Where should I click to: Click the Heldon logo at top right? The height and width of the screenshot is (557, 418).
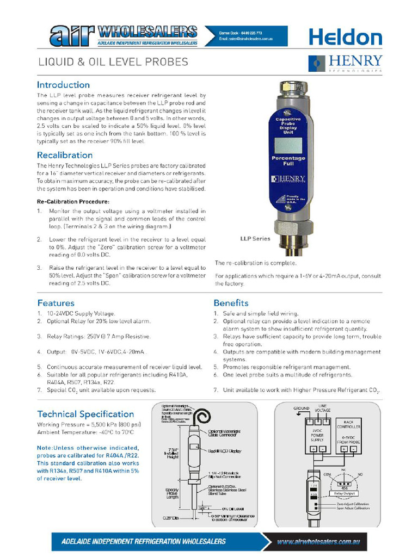click(346, 37)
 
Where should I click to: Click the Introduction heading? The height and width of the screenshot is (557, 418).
click(63, 85)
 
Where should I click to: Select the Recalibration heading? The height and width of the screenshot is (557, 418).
click(65, 155)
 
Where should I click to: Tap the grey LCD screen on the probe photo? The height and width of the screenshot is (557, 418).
click(288, 145)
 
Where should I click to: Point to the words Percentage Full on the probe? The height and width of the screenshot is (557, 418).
click(288, 160)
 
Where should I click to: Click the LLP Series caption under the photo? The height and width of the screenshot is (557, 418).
click(255, 238)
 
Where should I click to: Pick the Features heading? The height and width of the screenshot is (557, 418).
click(56, 303)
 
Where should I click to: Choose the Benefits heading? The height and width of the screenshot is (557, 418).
click(231, 303)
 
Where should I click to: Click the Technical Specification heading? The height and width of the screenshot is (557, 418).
click(85, 414)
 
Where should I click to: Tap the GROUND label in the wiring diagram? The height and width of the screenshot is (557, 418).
click(301, 408)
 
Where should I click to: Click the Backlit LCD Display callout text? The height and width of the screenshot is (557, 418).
click(224, 451)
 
